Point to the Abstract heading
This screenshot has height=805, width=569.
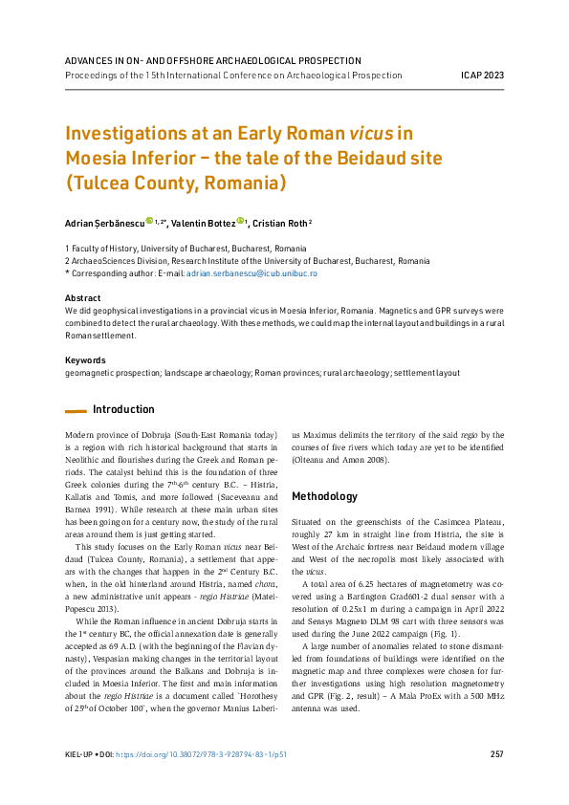pyautogui.click(x=82, y=298)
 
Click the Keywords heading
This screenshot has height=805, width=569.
pyautogui.click(x=85, y=360)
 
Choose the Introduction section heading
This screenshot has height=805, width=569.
pyautogui.click(x=123, y=409)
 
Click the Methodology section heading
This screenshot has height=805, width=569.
pyautogui.click(x=325, y=496)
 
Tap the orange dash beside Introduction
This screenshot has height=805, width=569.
pyautogui.click(x=76, y=410)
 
